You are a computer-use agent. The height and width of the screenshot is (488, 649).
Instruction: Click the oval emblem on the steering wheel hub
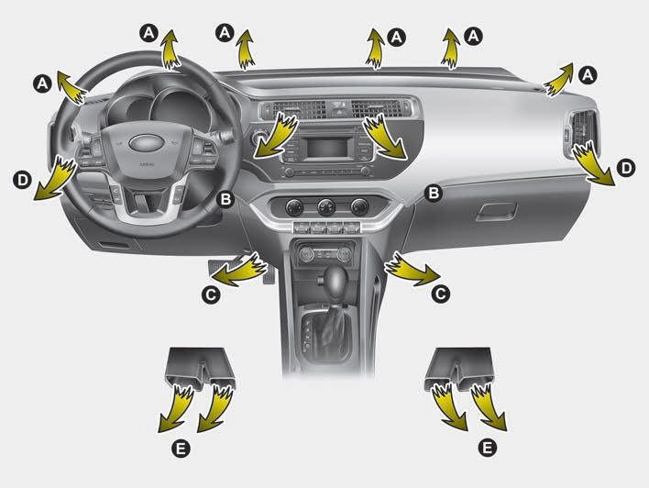pyautogui.click(x=145, y=143)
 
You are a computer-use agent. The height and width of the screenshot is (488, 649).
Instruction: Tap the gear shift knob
pyautogui.click(x=332, y=282)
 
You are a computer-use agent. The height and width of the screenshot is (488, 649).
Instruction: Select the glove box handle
pyautogui.click(x=496, y=212)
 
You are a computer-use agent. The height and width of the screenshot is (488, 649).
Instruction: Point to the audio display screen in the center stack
pyautogui.click(x=327, y=148)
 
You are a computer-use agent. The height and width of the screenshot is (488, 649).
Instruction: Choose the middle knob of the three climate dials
pyautogui.click(x=326, y=207)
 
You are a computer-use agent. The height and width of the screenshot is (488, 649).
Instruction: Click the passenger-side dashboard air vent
pyautogui.click(x=581, y=129)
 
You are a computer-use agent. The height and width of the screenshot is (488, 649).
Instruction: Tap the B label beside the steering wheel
pyautogui.click(x=225, y=199)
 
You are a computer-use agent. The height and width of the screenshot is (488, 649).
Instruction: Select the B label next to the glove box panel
pyautogui.click(x=434, y=193)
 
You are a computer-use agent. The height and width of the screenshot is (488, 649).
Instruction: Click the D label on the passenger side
pyautogui.click(x=626, y=168)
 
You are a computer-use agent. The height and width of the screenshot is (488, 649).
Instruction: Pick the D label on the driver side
pyautogui.click(x=22, y=180)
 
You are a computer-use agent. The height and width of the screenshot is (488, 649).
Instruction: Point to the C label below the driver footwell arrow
pyautogui.click(x=211, y=295)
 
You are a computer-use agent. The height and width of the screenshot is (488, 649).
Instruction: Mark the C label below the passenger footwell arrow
pyautogui.click(x=440, y=294)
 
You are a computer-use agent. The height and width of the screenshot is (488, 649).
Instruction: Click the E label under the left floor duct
pyautogui.click(x=181, y=448)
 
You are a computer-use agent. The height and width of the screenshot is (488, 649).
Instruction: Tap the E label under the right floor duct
pyautogui.click(x=487, y=448)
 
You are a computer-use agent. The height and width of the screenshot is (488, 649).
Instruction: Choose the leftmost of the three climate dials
pyautogui.click(x=293, y=206)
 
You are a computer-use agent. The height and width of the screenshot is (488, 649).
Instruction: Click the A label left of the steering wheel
pyautogui.click(x=42, y=83)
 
